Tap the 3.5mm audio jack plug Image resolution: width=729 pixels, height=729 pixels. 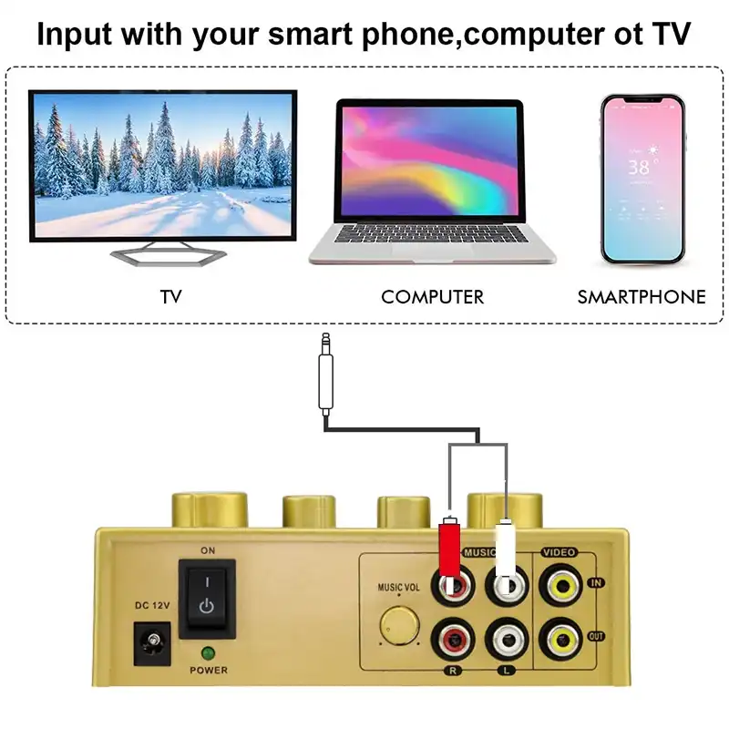325,374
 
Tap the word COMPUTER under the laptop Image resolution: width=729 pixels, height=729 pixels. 432,297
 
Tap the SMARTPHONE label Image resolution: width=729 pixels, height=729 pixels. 642,297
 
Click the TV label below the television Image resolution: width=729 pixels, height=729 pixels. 170,297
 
